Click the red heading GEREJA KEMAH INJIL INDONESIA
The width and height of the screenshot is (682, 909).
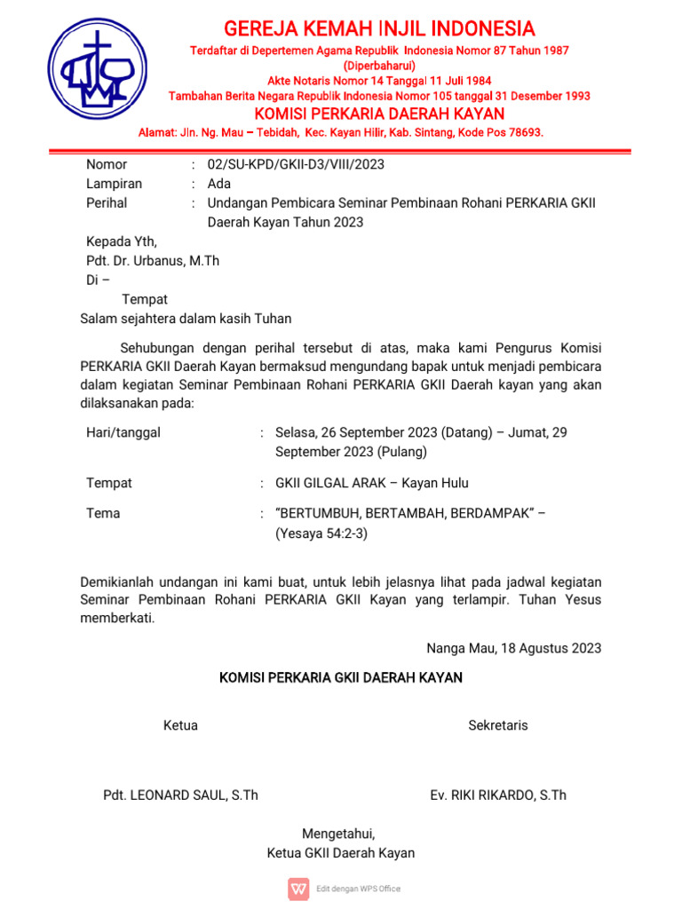tap(379, 28)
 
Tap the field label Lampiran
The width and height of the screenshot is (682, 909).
tap(114, 184)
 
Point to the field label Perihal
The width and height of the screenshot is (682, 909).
tap(107, 203)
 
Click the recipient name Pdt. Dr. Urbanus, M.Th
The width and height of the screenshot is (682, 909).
tap(153, 261)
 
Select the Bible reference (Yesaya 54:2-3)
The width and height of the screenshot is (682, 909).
tap(321, 534)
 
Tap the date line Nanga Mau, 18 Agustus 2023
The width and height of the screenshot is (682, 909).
tap(513, 648)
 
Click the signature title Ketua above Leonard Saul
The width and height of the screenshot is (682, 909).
tap(180, 725)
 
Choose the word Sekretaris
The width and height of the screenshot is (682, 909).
tap(498, 725)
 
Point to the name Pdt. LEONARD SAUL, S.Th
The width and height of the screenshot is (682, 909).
tap(181, 795)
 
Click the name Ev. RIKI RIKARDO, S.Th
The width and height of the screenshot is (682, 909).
tap(498, 795)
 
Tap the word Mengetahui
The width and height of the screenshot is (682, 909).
tap(339, 834)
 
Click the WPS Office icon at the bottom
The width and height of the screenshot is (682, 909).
tap(298, 888)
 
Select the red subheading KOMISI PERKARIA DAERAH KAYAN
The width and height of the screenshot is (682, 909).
tap(379, 114)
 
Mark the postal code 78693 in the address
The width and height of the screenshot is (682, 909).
tap(520, 132)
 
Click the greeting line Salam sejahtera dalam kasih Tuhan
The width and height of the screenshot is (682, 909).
tap(186, 318)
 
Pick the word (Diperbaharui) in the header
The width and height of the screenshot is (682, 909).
tap(379, 66)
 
